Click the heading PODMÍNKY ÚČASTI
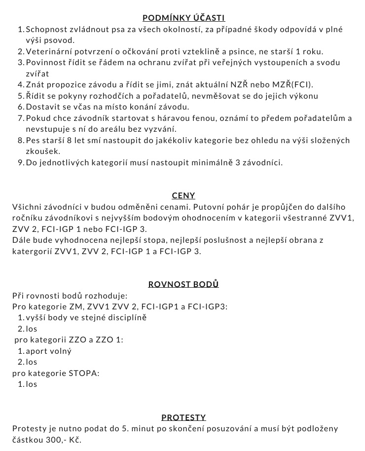pyautogui.click(x=183, y=18)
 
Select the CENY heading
pyautogui.click(x=183, y=195)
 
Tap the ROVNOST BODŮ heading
pyautogui.click(x=183, y=284)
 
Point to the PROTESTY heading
pyautogui.click(x=183, y=417)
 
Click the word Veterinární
pyautogui.click(x=49, y=52)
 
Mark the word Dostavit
pyautogui.click(x=43, y=107)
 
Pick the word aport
pyautogui.click(x=36, y=351)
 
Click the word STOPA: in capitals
pyautogui.click(x=83, y=373)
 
